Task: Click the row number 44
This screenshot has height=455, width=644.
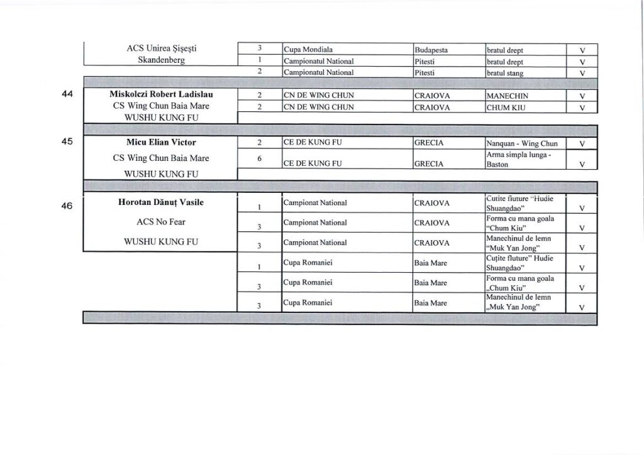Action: click(x=69, y=95)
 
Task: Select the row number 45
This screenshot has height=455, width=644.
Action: click(x=69, y=141)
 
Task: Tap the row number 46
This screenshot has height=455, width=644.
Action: click(x=69, y=204)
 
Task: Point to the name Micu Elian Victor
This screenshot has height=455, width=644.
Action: click(x=162, y=142)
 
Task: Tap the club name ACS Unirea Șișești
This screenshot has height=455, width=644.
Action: click(x=162, y=48)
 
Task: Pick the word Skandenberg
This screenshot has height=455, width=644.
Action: click(x=162, y=61)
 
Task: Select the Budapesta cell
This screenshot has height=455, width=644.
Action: click(x=431, y=50)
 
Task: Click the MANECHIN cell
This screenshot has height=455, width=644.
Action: click(x=507, y=96)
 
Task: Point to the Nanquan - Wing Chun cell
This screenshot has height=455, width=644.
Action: click(x=518, y=143)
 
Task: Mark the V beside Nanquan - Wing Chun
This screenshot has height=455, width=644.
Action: click(x=582, y=143)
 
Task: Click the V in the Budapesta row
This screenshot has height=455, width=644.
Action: click(x=582, y=50)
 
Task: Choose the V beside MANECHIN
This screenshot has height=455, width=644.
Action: click(x=582, y=96)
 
